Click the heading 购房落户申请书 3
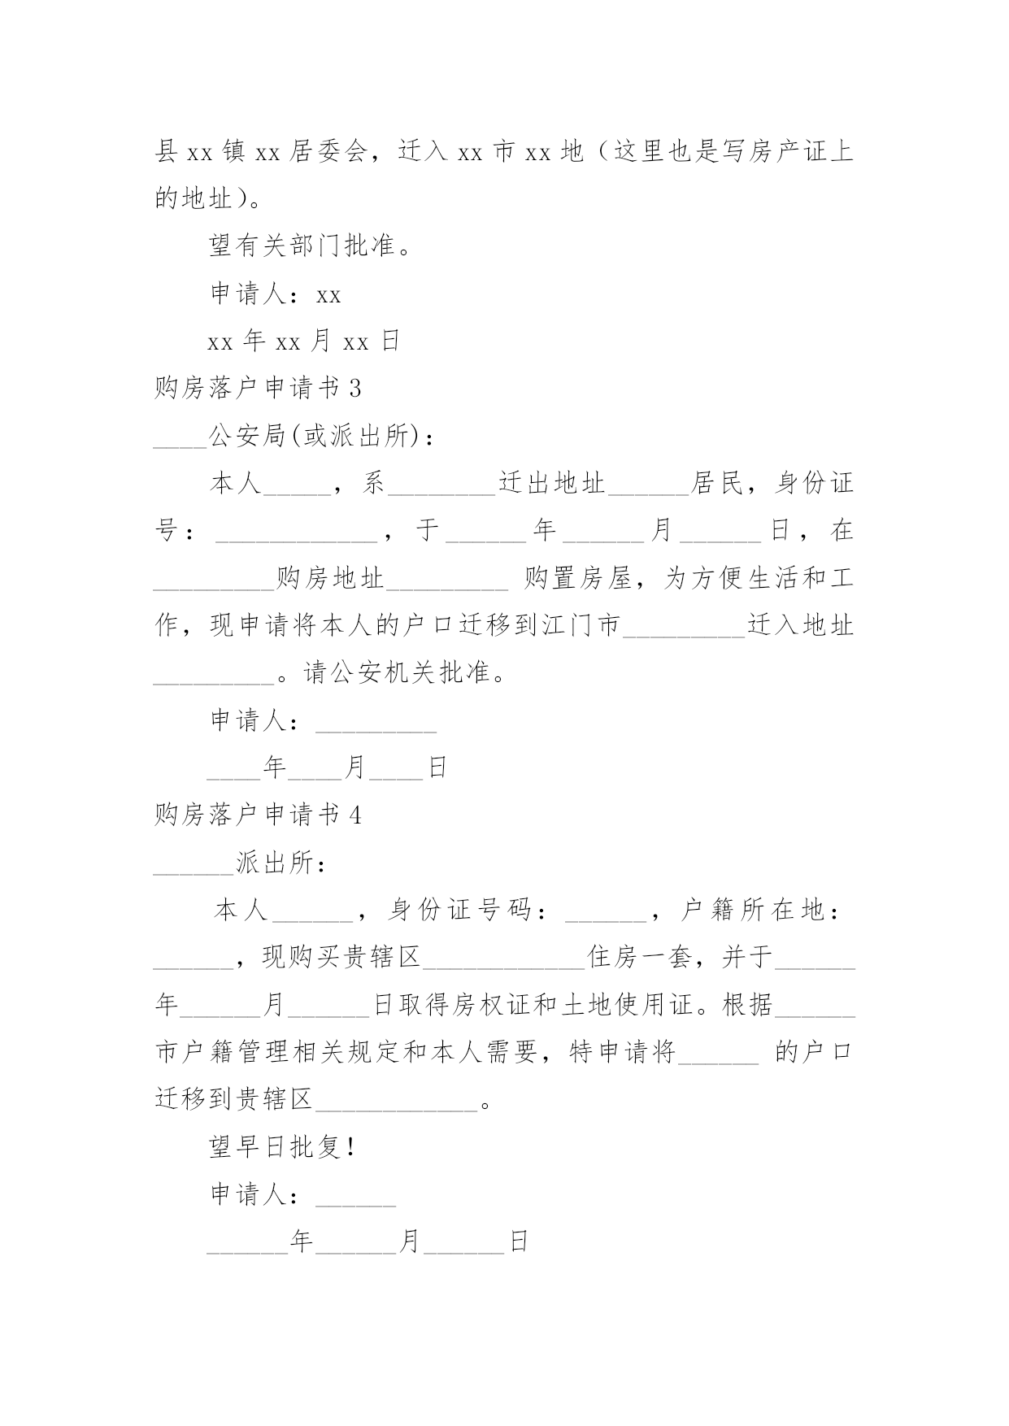[x=258, y=389]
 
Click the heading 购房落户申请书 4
[x=258, y=815]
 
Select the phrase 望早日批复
[x=274, y=1147]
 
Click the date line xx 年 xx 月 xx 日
[x=304, y=341]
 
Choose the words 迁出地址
[x=553, y=484]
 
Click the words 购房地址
[x=330, y=579]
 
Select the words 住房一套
[x=641, y=958]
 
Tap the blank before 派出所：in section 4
[x=194, y=872]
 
